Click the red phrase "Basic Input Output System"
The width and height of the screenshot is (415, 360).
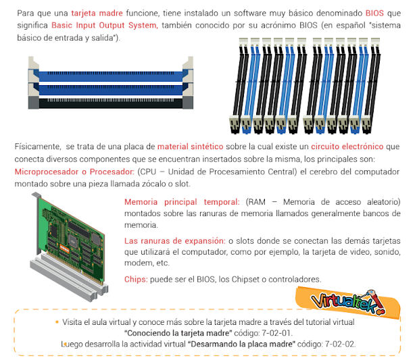105,26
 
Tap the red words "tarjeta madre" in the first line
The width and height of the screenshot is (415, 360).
97,13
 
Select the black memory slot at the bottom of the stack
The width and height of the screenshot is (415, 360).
111,103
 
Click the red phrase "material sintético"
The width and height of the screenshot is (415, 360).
191,147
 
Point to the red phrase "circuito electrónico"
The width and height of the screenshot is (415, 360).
347,147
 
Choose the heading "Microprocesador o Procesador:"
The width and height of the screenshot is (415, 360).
74,172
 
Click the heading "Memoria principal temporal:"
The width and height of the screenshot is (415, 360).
182,202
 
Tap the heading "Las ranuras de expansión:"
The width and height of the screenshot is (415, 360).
174,240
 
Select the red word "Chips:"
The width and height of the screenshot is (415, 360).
136,280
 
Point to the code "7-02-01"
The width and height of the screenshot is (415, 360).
276,333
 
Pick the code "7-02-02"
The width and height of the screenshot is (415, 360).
339,344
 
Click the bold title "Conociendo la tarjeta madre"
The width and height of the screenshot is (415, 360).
178,333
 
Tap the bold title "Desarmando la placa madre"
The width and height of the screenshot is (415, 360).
241,344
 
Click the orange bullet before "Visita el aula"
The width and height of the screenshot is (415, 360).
57,322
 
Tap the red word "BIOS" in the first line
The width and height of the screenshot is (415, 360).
374,13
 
